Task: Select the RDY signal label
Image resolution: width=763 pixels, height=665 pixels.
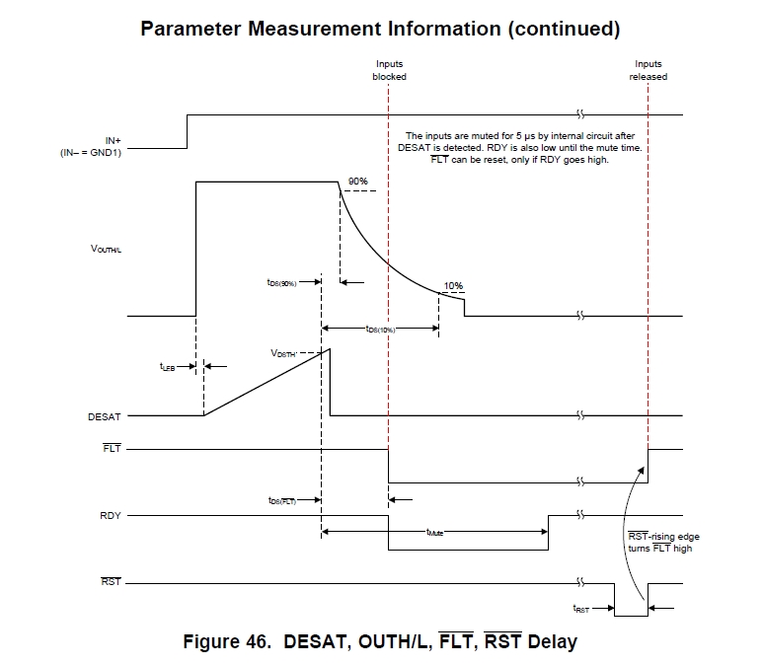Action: coord(111,515)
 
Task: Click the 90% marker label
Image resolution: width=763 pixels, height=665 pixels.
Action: coord(357,182)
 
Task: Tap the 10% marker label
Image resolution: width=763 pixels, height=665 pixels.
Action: coord(453,286)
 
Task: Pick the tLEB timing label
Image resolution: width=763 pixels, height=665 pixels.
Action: coord(169,366)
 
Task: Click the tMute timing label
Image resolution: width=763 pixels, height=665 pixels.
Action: coord(434,533)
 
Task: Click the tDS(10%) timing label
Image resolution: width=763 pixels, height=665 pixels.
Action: coord(381,330)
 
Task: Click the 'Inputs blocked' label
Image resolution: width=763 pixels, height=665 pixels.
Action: coord(389,70)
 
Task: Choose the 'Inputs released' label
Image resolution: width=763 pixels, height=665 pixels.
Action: coord(649,70)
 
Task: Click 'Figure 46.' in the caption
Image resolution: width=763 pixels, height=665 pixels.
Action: coord(227,642)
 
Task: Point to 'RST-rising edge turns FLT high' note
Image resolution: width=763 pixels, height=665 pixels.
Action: coord(660,542)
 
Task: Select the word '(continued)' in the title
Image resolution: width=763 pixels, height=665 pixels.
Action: coord(562,28)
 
